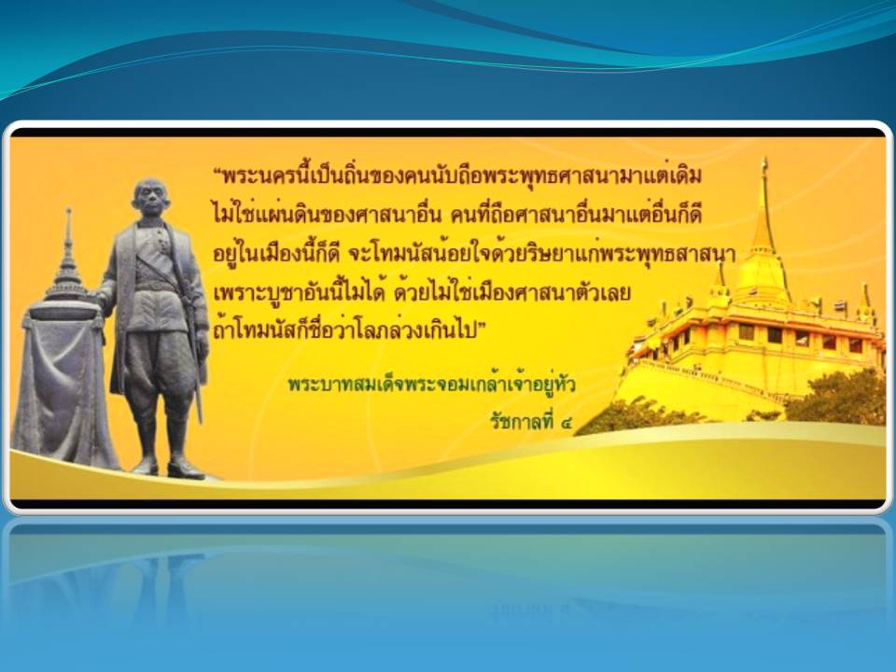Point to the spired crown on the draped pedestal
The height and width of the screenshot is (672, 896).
(x=67, y=263)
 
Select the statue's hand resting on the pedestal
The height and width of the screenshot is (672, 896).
(x=103, y=297)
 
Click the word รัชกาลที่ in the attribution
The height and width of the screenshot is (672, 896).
(x=522, y=422)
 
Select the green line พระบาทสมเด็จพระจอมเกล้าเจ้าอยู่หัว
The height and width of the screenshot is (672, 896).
(x=431, y=384)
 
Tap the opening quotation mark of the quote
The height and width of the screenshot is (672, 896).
(x=217, y=171)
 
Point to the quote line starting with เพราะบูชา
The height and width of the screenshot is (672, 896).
(x=422, y=292)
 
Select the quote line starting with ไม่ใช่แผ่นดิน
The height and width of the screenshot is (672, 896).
(x=457, y=215)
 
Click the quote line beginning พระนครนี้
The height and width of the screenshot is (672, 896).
(x=457, y=175)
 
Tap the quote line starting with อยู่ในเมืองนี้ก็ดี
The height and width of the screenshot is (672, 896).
(x=474, y=253)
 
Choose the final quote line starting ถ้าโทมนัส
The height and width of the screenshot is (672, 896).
(x=349, y=330)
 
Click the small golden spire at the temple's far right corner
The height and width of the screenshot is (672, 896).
(x=866, y=302)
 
